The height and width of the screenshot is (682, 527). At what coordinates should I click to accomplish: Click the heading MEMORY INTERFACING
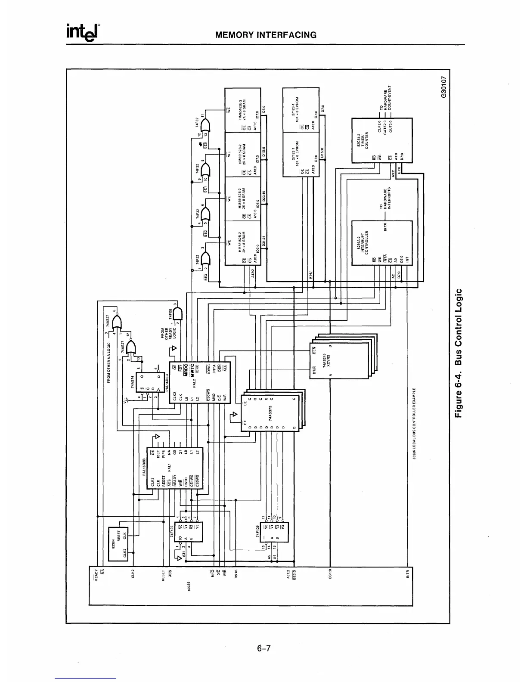pyautogui.click(x=266, y=35)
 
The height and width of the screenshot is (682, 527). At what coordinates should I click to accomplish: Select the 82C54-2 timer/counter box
pyautogui.click(x=381, y=140)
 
